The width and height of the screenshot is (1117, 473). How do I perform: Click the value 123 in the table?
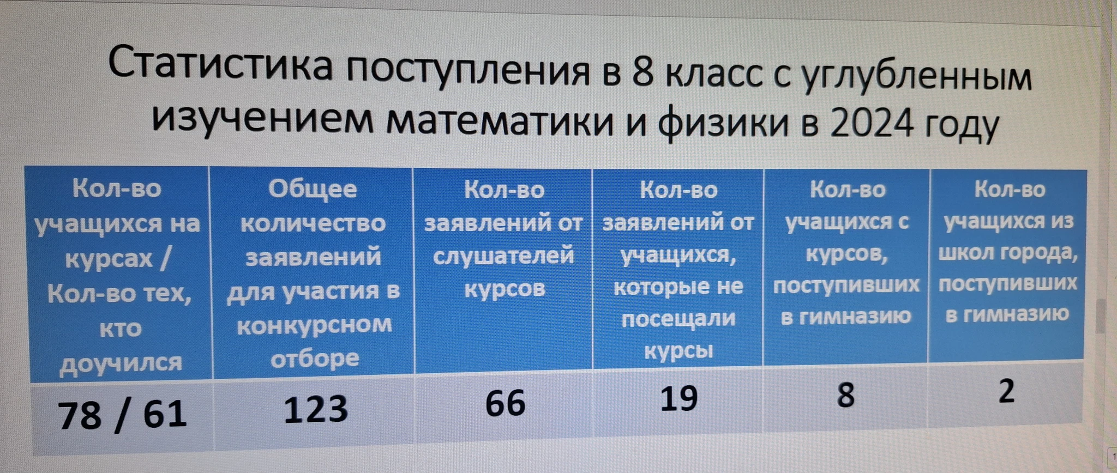(x=316, y=409)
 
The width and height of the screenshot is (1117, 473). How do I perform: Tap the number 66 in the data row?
(x=506, y=403)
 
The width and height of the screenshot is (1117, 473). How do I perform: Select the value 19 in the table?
(x=679, y=398)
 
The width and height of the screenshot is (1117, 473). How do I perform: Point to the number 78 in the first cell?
(x=80, y=416)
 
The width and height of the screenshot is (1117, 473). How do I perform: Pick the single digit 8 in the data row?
(x=845, y=395)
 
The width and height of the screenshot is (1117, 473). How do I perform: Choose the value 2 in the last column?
(x=1006, y=391)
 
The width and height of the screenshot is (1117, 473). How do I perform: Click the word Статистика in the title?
(x=220, y=65)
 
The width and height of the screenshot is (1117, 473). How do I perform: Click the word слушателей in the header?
(x=503, y=256)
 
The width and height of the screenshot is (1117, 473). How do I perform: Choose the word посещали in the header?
(x=678, y=318)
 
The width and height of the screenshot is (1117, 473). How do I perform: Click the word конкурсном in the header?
(x=315, y=325)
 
